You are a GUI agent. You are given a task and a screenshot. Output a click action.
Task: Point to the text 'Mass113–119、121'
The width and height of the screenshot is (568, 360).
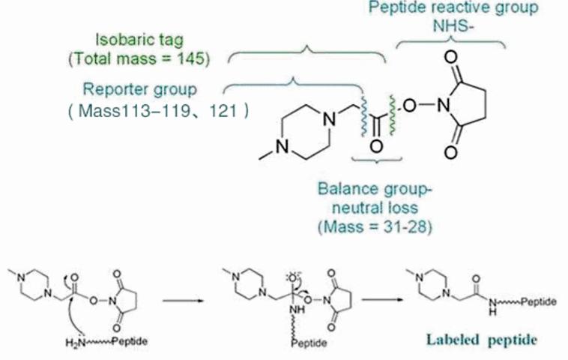[x=158, y=111]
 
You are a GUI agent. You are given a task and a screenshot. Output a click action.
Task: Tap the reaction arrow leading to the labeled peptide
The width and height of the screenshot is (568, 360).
[x=381, y=303]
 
